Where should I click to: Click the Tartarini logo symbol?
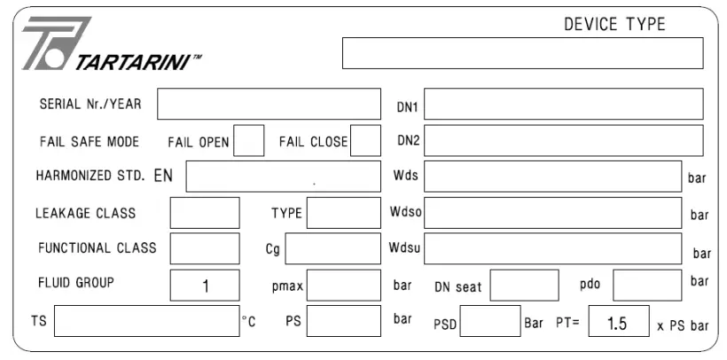point(57,43)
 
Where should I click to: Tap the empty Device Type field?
point(522,53)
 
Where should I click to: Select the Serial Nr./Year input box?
point(269,104)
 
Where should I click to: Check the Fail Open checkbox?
point(249,141)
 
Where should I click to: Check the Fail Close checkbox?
point(366,141)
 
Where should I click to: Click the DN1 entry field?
point(564,104)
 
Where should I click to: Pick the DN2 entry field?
point(564,141)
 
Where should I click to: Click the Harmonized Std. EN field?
point(284,176)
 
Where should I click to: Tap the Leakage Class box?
point(205,213)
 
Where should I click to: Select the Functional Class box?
point(205,248)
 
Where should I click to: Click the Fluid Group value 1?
point(206,286)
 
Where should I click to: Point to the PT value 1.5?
point(617,323)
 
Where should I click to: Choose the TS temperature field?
point(147,321)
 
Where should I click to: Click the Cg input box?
point(332,248)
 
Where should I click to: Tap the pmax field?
point(344,286)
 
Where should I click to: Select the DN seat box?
point(524,286)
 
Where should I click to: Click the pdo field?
point(647,286)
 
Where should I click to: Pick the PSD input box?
point(490,321)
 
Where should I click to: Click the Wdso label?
point(406,212)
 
